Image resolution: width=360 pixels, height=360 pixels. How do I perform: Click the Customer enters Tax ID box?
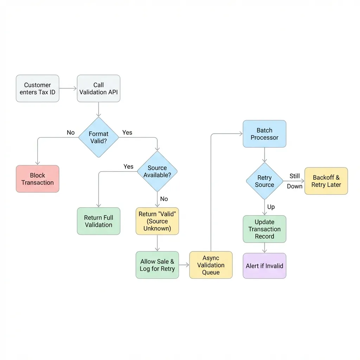[x=38, y=89]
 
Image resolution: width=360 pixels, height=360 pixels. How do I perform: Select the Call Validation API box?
[x=98, y=89]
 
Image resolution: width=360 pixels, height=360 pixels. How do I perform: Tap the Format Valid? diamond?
[x=98, y=137]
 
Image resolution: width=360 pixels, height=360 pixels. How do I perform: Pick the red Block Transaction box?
[x=38, y=179]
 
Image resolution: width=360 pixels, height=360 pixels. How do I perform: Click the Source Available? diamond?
[x=157, y=172]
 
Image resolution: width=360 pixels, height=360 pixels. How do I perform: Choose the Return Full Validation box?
[x=98, y=221]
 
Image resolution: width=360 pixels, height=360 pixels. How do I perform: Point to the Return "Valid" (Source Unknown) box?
[x=157, y=221]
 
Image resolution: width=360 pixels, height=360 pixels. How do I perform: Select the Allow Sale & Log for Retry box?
[x=157, y=265]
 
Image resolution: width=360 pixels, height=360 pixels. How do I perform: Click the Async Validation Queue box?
[x=211, y=265]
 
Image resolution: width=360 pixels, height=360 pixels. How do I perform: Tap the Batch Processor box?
[x=264, y=134]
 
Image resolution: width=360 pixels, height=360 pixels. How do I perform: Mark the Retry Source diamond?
[x=264, y=181]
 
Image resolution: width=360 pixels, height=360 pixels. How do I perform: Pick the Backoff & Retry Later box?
[x=326, y=181]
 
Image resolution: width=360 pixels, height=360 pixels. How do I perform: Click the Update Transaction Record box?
[x=264, y=229]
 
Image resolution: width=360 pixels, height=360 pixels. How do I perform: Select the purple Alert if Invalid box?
[x=264, y=266]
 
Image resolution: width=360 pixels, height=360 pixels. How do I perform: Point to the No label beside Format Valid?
[x=71, y=133]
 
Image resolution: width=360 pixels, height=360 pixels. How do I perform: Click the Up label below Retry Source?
[x=271, y=207]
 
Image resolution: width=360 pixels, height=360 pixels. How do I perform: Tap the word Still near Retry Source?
[x=295, y=176]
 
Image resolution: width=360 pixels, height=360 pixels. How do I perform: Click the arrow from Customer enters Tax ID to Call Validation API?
[x=68, y=89]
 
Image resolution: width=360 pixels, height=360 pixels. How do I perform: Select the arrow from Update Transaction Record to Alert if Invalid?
[x=264, y=248]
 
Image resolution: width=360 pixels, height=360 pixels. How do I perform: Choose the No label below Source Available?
[x=164, y=199]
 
